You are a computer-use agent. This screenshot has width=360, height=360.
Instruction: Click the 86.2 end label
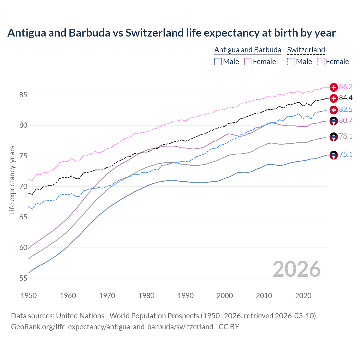[x=346, y=87]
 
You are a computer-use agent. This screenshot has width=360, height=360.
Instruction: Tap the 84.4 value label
[x=346, y=98]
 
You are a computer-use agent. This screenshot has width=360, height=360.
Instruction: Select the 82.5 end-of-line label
[x=346, y=109]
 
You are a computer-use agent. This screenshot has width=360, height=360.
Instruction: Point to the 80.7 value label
[x=346, y=121]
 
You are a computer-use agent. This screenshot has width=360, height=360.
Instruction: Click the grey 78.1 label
[x=346, y=136]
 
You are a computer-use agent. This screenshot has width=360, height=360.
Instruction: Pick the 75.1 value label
[x=346, y=155]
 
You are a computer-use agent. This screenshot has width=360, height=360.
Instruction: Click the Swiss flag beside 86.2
[x=334, y=87]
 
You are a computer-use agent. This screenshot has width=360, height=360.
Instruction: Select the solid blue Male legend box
[x=218, y=62]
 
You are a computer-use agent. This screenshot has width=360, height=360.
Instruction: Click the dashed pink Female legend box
[x=321, y=62]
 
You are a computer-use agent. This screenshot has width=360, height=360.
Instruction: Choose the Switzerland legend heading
[x=306, y=50]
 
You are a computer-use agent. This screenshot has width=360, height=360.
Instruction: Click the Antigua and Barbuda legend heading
[x=248, y=50]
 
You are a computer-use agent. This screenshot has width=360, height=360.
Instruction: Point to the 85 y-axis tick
[x=23, y=95]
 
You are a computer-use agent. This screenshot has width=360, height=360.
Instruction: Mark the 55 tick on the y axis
[x=23, y=278]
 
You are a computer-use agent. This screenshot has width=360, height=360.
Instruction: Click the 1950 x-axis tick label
[x=29, y=296]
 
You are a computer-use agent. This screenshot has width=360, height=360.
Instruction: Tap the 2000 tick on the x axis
[x=225, y=296]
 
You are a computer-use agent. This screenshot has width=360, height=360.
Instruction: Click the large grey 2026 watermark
[x=296, y=269]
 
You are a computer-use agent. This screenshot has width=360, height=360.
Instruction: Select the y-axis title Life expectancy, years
[x=12, y=180]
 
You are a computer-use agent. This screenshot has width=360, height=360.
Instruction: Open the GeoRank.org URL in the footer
[x=112, y=327]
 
